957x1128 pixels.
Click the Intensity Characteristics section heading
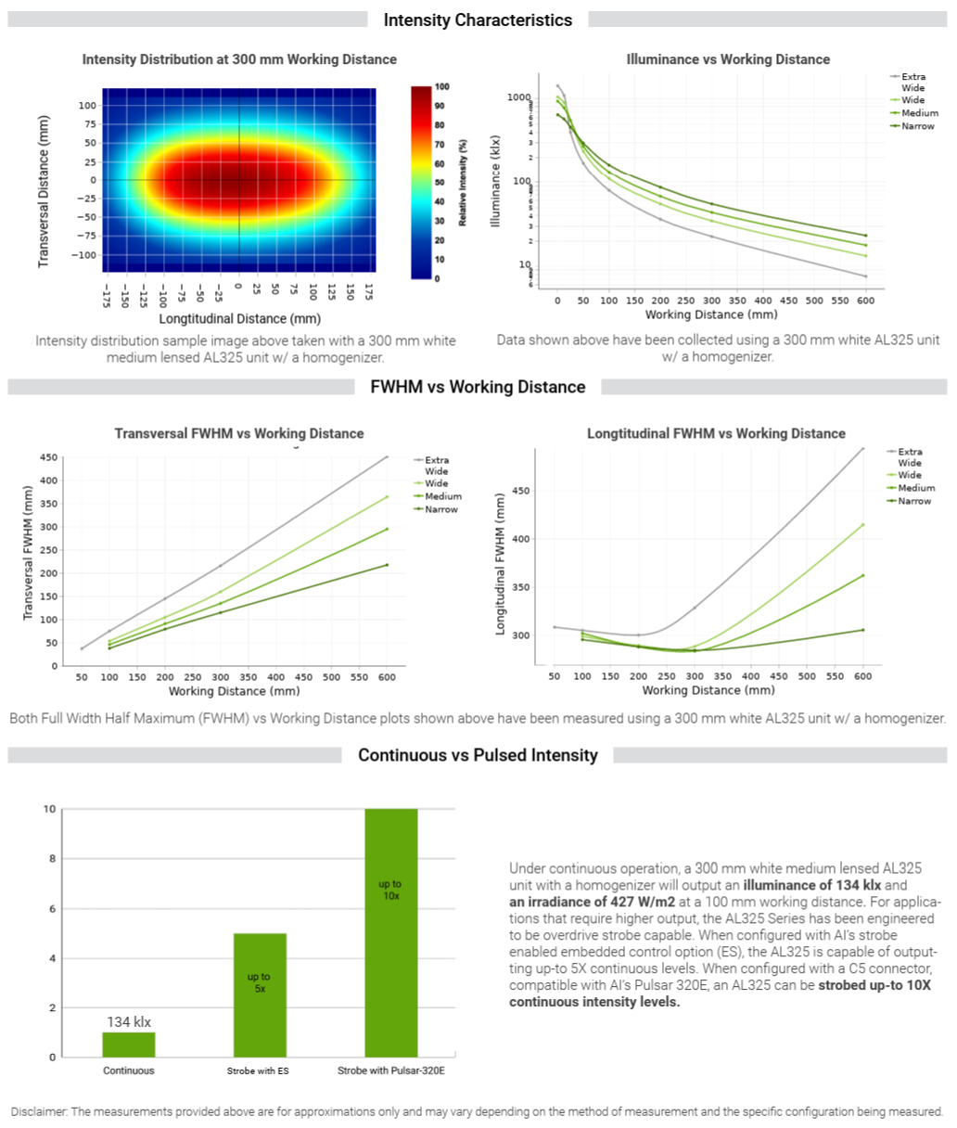pyautogui.click(x=478, y=19)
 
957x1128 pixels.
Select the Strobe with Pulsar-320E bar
pyautogui.click(x=390, y=932)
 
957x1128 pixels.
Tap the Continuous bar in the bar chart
pyautogui.click(x=129, y=1045)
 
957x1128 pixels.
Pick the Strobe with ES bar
pyautogui.click(x=259, y=994)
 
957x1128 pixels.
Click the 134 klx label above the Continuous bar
pyautogui.click(x=129, y=1021)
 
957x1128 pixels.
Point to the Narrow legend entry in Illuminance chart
pyautogui.click(x=917, y=126)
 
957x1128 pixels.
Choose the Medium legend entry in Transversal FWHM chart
pyautogui.click(x=442, y=496)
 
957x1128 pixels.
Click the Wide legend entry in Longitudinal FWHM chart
pyautogui.click(x=909, y=475)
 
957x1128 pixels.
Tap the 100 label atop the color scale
pyautogui.click(x=441, y=87)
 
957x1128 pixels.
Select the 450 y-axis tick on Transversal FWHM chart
pyautogui.click(x=48, y=457)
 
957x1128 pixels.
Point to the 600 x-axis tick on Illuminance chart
pyautogui.click(x=865, y=301)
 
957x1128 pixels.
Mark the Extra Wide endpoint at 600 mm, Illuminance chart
pyautogui.click(x=865, y=276)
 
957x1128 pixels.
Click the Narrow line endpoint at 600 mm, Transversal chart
pyautogui.click(x=387, y=565)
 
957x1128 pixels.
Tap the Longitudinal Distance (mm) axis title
pyautogui.click(x=239, y=318)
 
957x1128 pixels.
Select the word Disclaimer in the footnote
pyautogui.click(x=38, y=1111)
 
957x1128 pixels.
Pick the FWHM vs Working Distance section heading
pyautogui.click(x=478, y=387)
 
